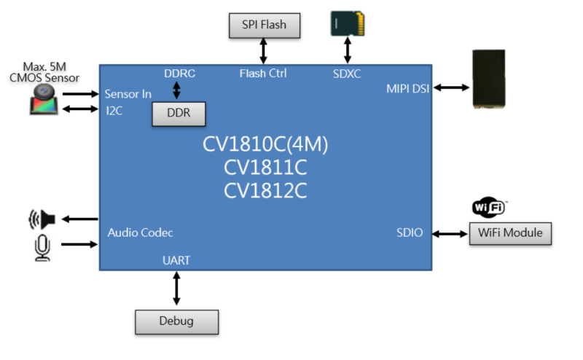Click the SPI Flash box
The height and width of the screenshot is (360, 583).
(264, 25)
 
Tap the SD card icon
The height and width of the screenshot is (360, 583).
(348, 23)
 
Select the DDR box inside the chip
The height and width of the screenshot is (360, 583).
(179, 114)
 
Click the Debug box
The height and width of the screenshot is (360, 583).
(176, 321)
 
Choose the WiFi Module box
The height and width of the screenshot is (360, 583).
(510, 233)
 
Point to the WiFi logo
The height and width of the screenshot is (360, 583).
(489, 208)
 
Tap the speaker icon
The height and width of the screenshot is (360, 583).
(42, 219)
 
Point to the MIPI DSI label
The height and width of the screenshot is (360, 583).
(407, 89)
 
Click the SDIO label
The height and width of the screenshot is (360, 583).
(410, 233)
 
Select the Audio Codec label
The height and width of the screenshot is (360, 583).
(140, 233)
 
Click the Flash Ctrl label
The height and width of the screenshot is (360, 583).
(263, 73)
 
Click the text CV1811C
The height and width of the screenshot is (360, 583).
(265, 168)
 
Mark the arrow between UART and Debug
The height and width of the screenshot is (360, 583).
(176, 289)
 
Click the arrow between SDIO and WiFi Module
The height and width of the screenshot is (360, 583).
(450, 233)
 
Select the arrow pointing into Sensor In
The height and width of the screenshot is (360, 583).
(80, 93)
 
